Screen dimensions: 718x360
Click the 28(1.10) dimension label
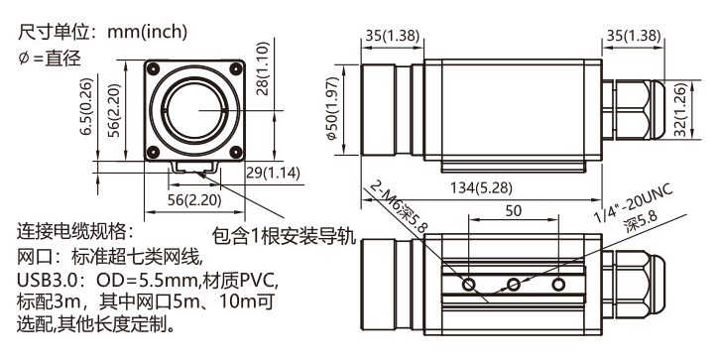tap(263, 68)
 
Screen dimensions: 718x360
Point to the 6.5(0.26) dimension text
tap(86, 107)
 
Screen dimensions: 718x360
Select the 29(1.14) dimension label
tap(274, 174)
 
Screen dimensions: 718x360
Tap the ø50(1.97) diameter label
tap(332, 108)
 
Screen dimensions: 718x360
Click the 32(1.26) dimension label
tap(681, 110)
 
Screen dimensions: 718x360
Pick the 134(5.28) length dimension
tap(481, 187)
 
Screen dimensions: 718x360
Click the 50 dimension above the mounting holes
tap(514, 210)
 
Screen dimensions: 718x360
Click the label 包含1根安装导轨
tap(284, 236)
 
